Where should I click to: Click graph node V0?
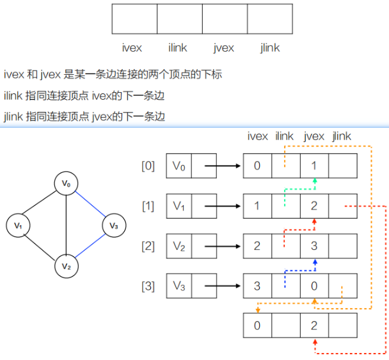coord(67,184)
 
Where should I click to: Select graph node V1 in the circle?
coord(19,226)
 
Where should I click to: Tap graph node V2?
coord(67,265)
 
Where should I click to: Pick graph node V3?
coord(114,226)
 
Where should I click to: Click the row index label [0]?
coord(148,166)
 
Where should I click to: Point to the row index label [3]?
coord(148,286)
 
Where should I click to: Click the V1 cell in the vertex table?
coord(179,206)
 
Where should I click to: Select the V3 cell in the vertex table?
coord(179,286)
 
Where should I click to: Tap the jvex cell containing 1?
coord(314,166)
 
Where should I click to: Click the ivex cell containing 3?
coord(257,286)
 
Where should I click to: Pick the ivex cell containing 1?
coord(257,206)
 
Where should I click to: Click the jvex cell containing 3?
coord(314,246)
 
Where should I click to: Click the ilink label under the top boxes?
coord(178,48)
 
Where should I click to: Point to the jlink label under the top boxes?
coord(270,48)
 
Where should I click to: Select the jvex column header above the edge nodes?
coord(314,136)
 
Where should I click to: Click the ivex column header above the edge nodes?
coord(257,136)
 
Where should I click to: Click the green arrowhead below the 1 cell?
coord(314,182)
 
